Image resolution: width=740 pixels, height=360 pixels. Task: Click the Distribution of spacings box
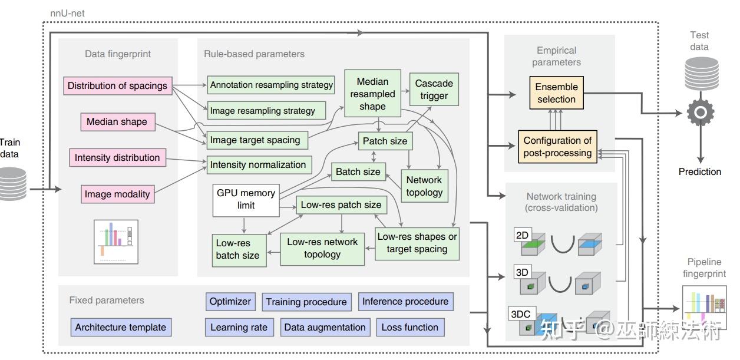(x=117, y=86)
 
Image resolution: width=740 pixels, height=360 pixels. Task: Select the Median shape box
(x=117, y=122)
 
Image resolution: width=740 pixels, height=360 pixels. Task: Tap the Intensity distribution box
(x=117, y=158)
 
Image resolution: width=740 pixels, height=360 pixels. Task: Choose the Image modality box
(x=117, y=194)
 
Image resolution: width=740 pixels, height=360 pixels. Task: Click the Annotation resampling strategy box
(x=271, y=85)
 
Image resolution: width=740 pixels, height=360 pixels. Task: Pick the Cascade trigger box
(x=434, y=90)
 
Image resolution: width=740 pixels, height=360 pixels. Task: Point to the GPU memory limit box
(x=246, y=199)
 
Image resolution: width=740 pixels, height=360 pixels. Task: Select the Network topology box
(x=424, y=186)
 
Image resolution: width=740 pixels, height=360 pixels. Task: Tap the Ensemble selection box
(x=556, y=93)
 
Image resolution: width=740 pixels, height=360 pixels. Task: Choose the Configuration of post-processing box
(x=557, y=147)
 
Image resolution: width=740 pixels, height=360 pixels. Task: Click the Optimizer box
(x=230, y=302)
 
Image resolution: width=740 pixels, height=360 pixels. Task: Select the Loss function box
(x=410, y=328)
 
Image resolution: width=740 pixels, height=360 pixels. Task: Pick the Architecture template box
(x=121, y=328)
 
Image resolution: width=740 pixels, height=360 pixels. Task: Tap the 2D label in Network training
(x=523, y=236)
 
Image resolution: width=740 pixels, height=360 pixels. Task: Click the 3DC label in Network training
(x=520, y=314)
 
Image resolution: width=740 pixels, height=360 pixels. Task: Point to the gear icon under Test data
(x=701, y=111)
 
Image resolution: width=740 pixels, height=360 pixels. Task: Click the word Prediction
(x=700, y=172)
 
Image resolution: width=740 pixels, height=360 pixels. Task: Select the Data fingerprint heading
(x=118, y=54)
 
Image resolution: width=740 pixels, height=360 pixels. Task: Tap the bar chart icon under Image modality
(x=116, y=242)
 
